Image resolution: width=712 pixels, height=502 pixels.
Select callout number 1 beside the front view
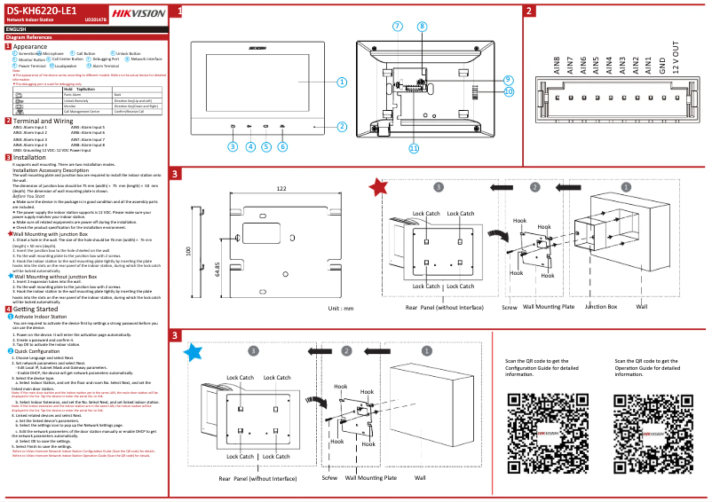(341, 82)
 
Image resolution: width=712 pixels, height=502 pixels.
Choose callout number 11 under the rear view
(414, 148)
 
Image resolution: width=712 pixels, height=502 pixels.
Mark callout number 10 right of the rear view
(509, 90)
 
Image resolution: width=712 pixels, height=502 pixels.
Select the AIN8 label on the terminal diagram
(557, 66)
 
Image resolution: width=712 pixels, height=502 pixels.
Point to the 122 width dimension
(281, 188)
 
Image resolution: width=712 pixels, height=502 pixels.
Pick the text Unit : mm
(340, 308)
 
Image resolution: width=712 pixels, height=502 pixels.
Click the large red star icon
(379, 187)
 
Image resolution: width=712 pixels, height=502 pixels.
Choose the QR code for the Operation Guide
(651, 423)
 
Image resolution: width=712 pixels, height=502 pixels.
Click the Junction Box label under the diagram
(600, 306)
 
